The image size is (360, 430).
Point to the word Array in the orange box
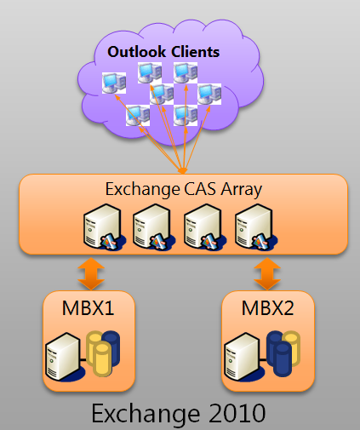click(x=242, y=190)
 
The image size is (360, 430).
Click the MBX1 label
click(x=88, y=308)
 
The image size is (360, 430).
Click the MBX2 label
click(x=267, y=308)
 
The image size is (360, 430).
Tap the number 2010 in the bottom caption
click(x=237, y=413)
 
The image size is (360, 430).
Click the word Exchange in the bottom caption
click(x=146, y=414)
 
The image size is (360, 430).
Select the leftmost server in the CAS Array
click(x=104, y=227)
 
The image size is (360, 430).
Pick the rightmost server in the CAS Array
click(x=255, y=227)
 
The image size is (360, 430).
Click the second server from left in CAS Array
click(x=153, y=227)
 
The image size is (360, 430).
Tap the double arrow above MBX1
click(x=91, y=273)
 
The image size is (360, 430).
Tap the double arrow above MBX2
click(x=267, y=273)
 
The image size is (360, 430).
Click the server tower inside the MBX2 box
click(x=242, y=357)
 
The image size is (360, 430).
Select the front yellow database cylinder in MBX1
click(x=102, y=358)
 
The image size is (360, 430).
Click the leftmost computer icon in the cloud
click(x=114, y=83)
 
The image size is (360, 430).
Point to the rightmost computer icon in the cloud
click(x=209, y=94)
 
